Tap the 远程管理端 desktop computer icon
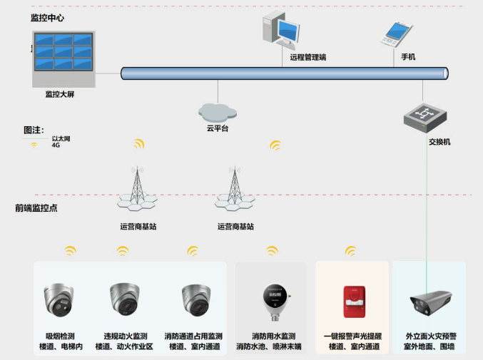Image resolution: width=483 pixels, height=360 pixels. [x=280, y=32]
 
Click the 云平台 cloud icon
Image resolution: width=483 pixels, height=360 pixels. [x=217, y=110]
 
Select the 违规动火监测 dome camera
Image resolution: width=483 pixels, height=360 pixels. [x=125, y=299]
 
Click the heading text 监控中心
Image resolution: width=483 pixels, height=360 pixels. [x=47, y=18]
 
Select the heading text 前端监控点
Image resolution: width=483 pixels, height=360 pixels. [x=36, y=208]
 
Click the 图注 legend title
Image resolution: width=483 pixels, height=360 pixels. [x=34, y=130]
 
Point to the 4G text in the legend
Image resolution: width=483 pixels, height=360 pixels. [x=56, y=145]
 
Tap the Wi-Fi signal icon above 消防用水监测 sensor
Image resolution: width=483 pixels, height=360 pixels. [x=272, y=251]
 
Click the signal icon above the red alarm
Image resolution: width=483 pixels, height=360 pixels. [x=350, y=251]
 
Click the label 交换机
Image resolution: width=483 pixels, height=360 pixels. [x=439, y=142]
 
